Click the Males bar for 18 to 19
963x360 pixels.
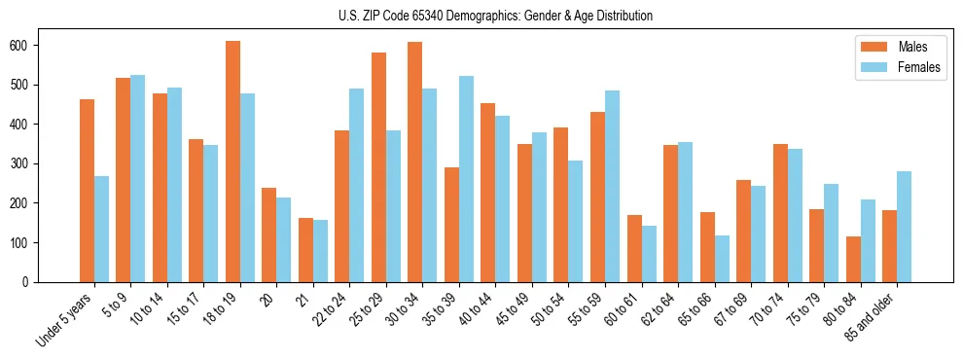232,162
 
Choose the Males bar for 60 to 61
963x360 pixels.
634,248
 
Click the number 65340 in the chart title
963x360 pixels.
428,16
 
